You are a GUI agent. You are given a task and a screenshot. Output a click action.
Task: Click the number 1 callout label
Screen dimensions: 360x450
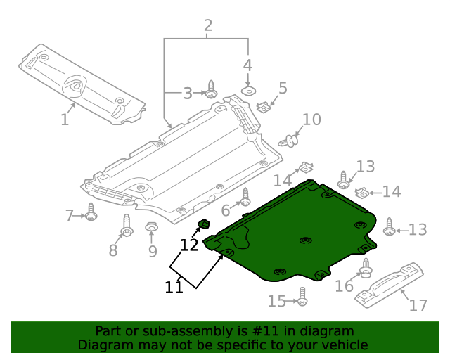(65, 120)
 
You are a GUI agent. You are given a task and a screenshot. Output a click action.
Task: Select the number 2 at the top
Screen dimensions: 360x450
(208, 27)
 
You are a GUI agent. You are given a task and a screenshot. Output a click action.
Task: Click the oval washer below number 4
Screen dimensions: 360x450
(247, 91)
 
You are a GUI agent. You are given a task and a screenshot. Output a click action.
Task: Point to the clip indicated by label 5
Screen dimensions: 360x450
(264, 107)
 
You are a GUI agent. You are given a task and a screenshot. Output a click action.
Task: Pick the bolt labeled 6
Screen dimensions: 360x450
(245, 198)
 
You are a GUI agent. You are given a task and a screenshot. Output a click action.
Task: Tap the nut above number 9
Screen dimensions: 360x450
(151, 227)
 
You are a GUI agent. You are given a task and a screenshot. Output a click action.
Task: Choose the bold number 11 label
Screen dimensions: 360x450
(174, 287)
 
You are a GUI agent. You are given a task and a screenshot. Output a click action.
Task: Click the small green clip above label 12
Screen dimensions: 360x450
(202, 225)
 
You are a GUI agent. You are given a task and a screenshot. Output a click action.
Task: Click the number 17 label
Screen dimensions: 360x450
(418, 306)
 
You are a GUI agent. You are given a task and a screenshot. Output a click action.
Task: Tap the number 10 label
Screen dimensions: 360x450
(311, 120)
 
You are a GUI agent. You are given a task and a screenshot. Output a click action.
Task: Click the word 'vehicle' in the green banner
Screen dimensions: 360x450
(342, 345)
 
